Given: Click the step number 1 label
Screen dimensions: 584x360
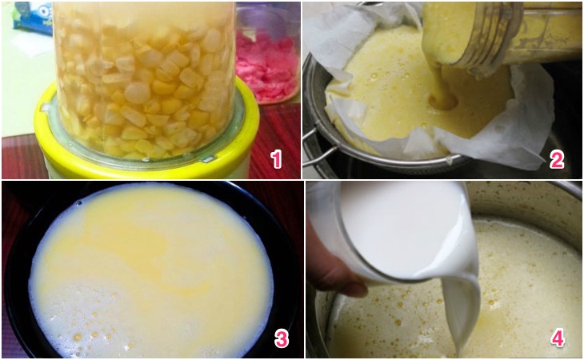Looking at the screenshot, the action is pos(276,160).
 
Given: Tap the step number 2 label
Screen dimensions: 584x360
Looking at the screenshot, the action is pos(557,160).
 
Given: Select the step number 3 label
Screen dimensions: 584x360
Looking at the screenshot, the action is pos(281,338).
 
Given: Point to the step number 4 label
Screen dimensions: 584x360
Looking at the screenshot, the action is pos(558,338).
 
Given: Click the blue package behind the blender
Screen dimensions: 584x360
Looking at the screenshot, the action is pos(33,18).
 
